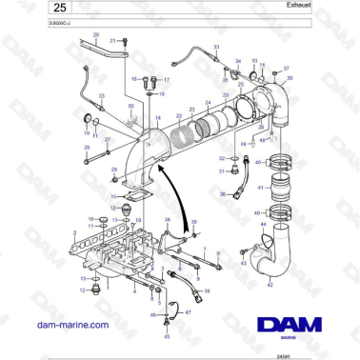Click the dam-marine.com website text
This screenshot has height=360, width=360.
point(70,326)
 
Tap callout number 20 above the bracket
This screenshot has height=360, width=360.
point(96,35)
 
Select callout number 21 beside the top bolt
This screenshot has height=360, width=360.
point(113,41)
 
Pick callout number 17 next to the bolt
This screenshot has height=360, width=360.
point(166,80)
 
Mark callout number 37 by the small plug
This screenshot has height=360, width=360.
point(285,69)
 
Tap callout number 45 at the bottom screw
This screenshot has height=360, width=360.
point(168,336)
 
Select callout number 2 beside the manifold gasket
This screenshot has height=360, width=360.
point(74,231)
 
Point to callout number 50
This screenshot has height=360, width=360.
point(130,107)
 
